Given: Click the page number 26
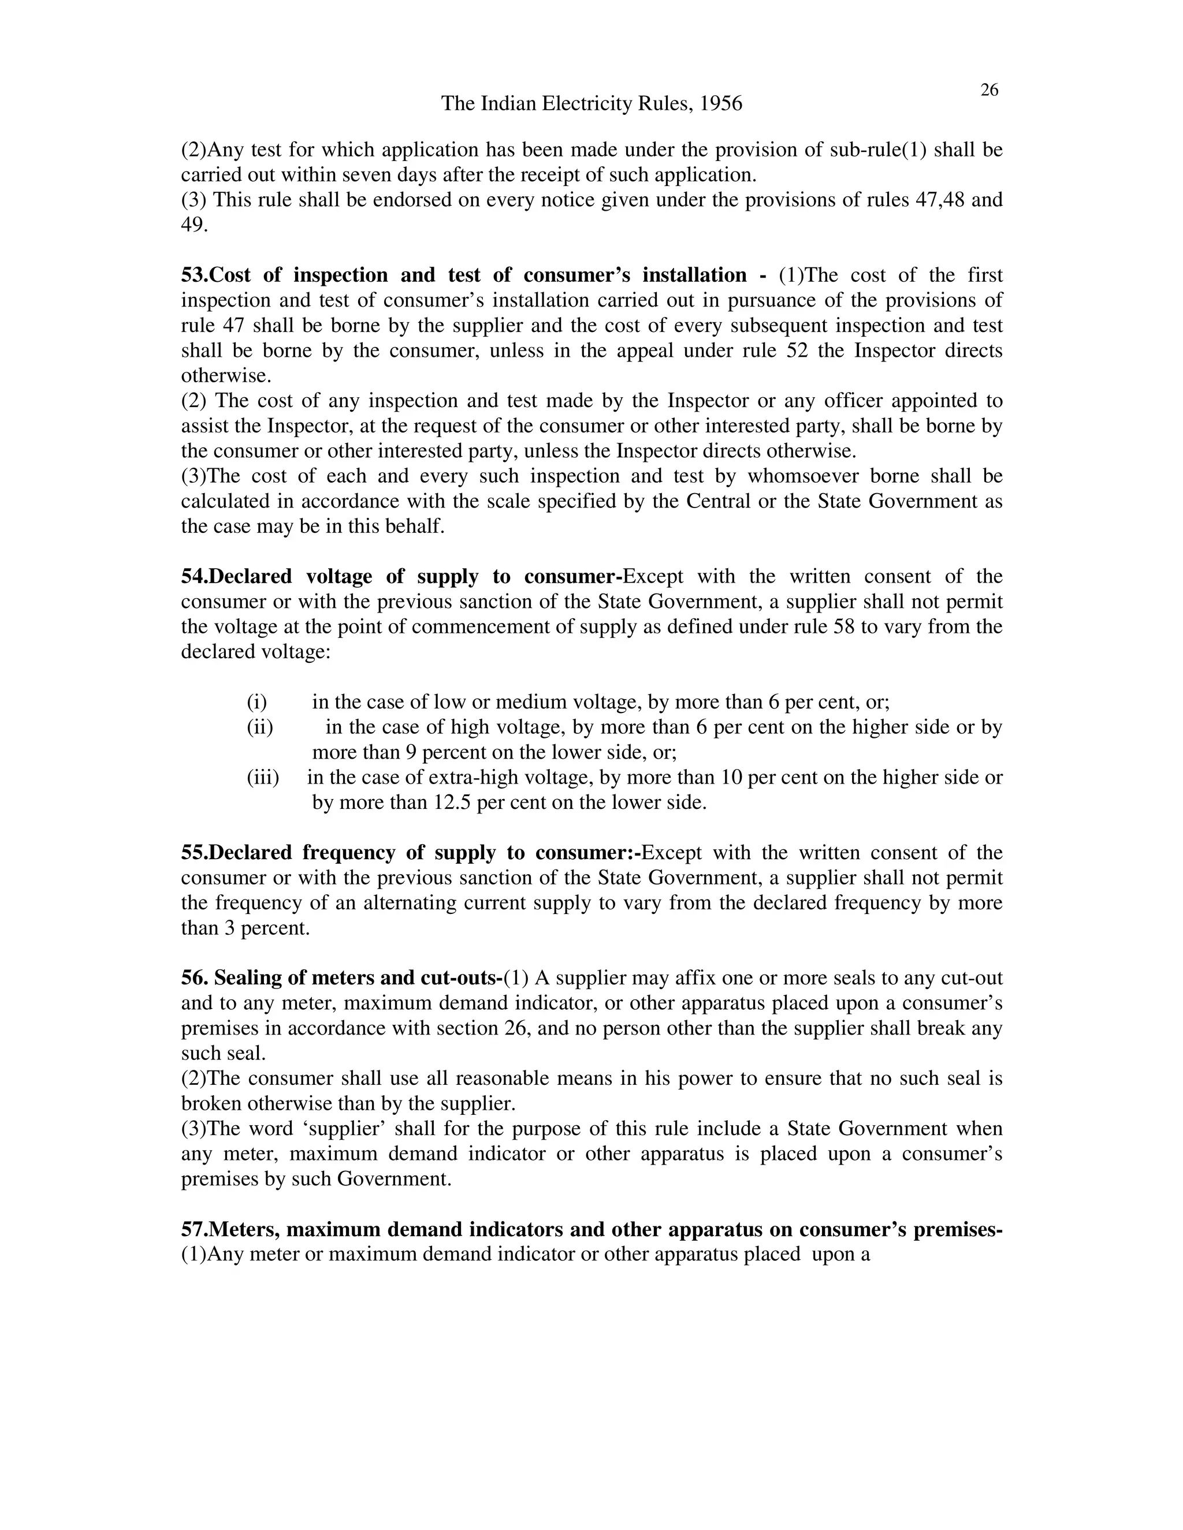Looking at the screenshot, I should click(x=989, y=91).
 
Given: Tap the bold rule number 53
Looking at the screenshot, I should click(x=194, y=275).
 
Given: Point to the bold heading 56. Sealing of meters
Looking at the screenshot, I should click(x=342, y=978).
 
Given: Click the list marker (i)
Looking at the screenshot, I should click(x=256, y=702).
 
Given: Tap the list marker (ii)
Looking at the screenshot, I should click(x=259, y=727).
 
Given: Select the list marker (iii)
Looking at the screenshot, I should click(x=263, y=778).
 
